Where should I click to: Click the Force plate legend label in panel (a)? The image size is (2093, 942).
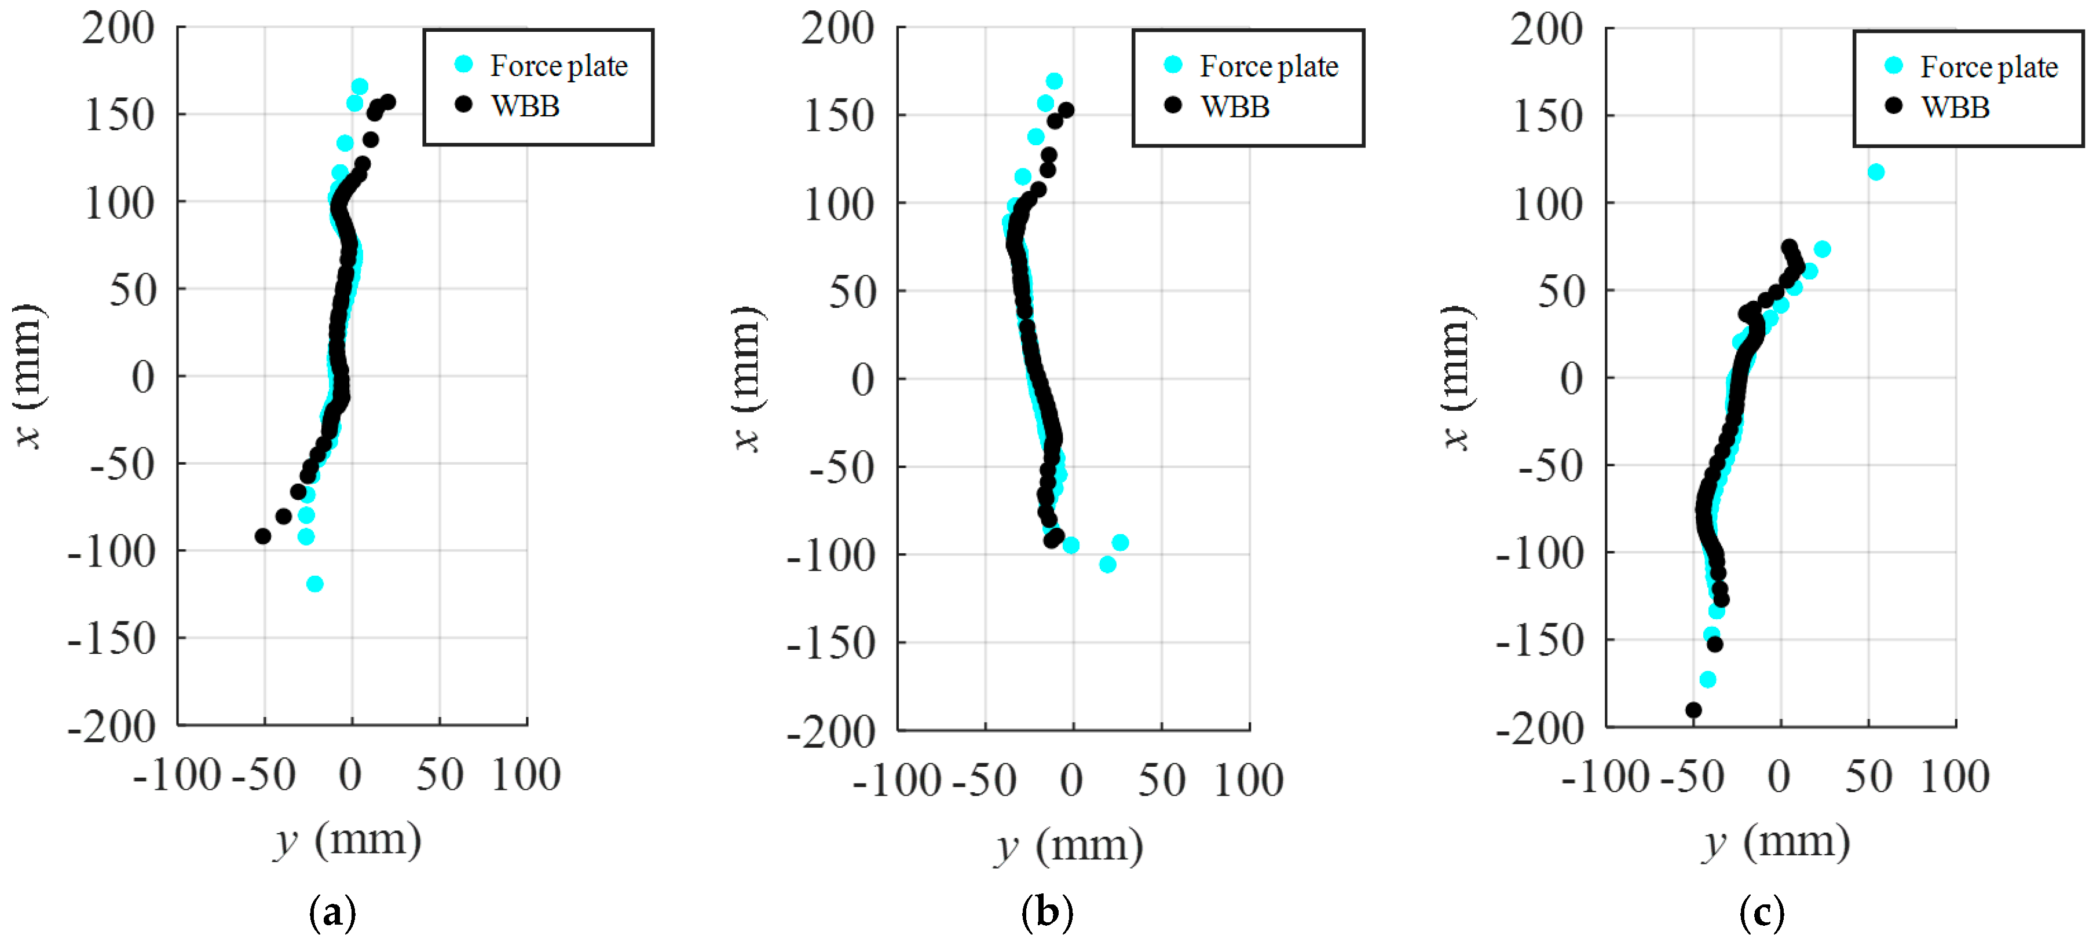click(558, 66)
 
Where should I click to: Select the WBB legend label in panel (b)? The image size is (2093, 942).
click(1235, 106)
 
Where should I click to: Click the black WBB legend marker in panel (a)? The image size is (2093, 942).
click(463, 104)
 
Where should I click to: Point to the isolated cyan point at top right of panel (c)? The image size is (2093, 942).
click(1876, 172)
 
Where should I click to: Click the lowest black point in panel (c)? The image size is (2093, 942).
click(1693, 711)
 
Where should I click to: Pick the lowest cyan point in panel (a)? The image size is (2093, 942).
click(314, 584)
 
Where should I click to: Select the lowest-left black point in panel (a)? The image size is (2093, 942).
click(262, 536)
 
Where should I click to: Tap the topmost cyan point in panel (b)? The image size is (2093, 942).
click(1054, 81)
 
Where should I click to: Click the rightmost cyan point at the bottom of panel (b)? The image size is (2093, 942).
click(1121, 543)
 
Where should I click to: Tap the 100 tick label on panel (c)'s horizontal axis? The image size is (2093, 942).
click(1954, 777)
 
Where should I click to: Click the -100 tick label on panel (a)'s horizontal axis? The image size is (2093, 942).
click(177, 775)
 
